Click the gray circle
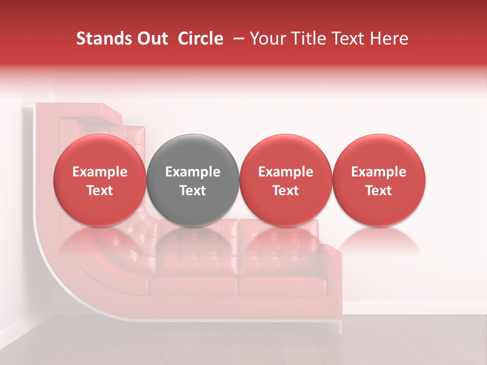(x=193, y=180)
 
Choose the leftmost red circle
(x=100, y=180)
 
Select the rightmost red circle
(x=379, y=180)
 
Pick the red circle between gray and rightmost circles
(x=286, y=180)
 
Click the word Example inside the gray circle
(x=193, y=172)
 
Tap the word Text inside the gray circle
(x=193, y=191)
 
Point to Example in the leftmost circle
(x=100, y=172)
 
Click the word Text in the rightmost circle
(x=379, y=191)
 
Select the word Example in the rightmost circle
(x=379, y=172)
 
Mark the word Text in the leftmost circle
(x=100, y=191)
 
